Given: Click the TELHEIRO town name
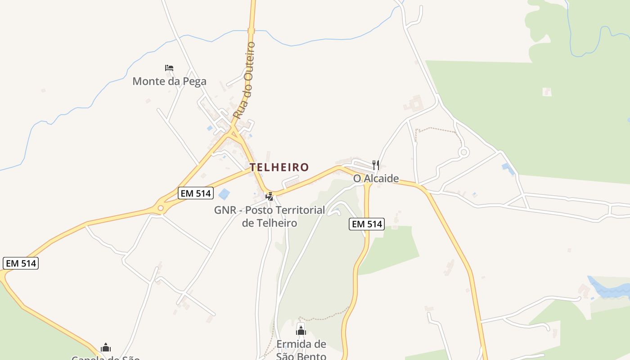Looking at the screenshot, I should click(279, 167).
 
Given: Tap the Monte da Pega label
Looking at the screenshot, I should click(169, 81).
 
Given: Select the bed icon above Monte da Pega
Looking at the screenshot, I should click(169, 68).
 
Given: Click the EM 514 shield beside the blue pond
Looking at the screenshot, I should click(195, 193).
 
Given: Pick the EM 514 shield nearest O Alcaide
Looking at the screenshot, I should click(367, 224).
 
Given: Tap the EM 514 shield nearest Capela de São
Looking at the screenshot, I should click(21, 263).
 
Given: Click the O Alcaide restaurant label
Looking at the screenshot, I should click(376, 179).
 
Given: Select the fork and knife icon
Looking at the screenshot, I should click(376, 165).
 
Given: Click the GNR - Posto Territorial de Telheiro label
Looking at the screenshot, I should click(270, 216).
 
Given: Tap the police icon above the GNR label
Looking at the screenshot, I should click(270, 196).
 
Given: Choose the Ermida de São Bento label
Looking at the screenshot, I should click(301, 350).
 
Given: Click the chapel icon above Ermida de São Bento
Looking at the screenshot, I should click(301, 331).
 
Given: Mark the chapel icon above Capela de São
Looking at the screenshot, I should click(106, 347).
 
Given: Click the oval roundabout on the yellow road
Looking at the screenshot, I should click(161, 208).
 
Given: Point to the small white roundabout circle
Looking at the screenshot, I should click(463, 153).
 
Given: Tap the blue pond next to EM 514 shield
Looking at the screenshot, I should click(224, 194).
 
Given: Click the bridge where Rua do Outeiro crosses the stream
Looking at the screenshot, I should click(251, 31).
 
